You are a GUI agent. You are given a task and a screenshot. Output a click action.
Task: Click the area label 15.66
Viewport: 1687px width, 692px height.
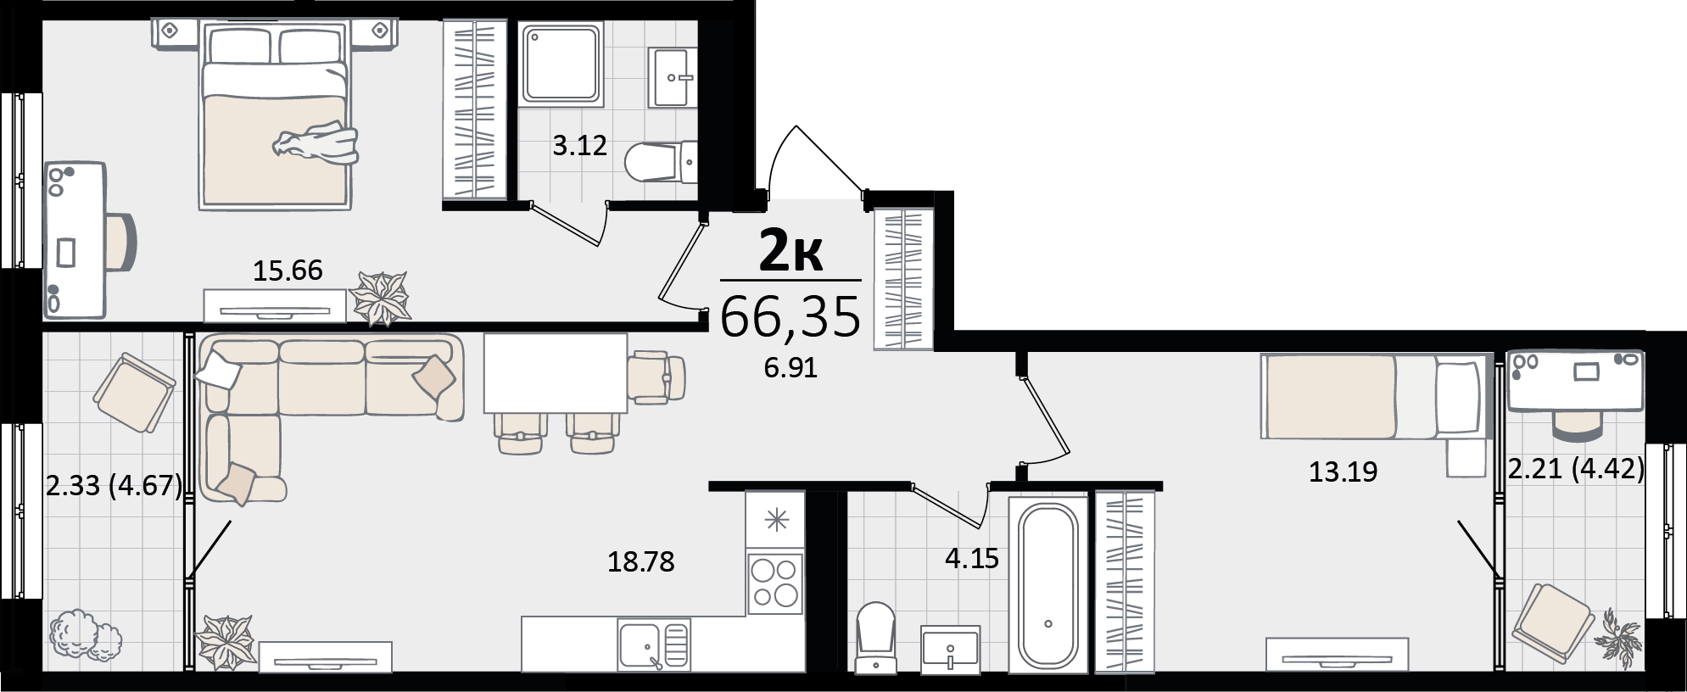click(x=288, y=271)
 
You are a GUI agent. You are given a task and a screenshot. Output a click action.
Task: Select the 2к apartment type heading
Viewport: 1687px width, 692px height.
click(x=790, y=250)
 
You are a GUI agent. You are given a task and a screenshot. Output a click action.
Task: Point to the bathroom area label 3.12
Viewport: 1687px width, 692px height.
click(x=580, y=146)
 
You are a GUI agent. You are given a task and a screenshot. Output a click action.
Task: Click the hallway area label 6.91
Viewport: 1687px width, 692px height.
click(x=790, y=368)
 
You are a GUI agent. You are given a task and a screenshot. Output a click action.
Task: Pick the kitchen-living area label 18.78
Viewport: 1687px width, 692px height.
click(x=641, y=561)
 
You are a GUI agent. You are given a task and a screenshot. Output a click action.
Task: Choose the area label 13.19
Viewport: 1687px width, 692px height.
click(x=1343, y=472)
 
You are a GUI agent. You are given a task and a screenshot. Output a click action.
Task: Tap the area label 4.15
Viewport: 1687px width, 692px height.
click(x=972, y=559)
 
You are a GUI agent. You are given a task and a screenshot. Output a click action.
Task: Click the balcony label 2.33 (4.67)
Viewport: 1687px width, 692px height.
click(x=115, y=486)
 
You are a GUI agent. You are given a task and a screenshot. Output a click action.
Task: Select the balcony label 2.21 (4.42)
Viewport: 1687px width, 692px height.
click(x=1577, y=468)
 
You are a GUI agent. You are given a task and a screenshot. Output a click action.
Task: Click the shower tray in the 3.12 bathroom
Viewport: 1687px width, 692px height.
click(x=561, y=64)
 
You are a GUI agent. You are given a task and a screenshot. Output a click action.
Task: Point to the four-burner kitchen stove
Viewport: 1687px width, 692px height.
click(x=774, y=583)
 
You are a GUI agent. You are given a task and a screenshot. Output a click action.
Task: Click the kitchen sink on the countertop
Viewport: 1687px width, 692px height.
click(x=654, y=645)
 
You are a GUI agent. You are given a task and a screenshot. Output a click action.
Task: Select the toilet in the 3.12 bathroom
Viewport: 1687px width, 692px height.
click(x=661, y=161)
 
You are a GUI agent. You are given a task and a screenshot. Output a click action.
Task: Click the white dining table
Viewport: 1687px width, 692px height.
click(x=556, y=372)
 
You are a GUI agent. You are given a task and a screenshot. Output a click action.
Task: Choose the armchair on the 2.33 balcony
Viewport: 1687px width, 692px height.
click(x=135, y=393)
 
